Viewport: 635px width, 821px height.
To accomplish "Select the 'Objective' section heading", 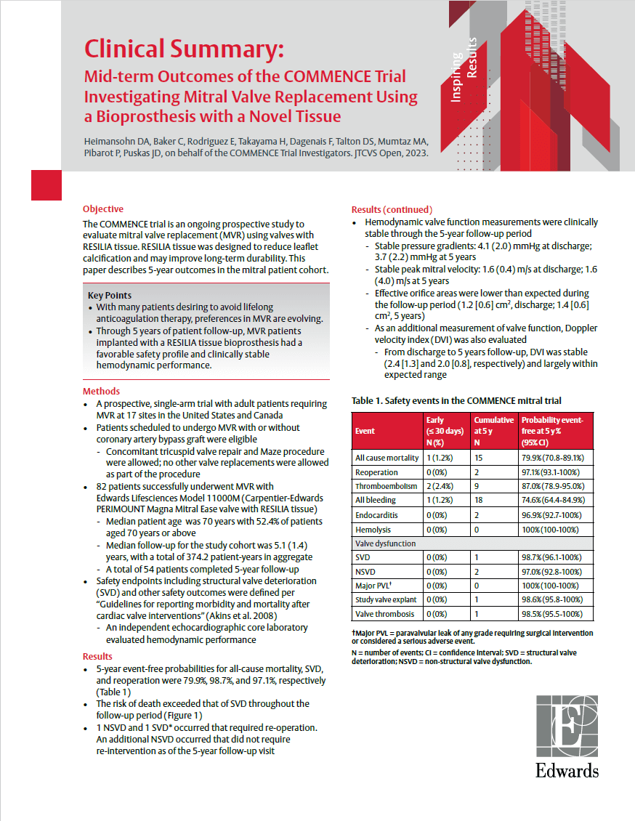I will pos(103,209).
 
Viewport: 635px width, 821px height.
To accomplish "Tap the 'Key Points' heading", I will pos(110,295).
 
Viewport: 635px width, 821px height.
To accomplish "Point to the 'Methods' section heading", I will pos(101,391).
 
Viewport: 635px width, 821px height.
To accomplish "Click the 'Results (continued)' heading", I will pos(392,209).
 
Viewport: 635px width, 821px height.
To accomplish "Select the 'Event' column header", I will pos(365,431).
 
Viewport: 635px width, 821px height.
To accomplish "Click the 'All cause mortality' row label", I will pos(387,458).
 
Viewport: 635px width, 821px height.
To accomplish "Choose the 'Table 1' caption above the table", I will pos(456,400).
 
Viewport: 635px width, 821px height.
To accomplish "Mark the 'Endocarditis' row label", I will pos(376,514).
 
